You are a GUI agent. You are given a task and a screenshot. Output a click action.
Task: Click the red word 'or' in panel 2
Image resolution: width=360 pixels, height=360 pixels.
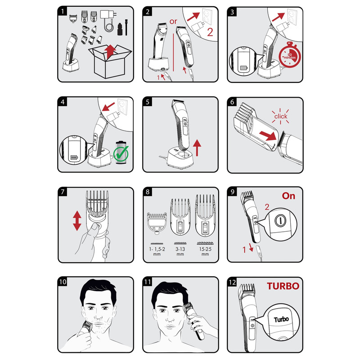(x=173, y=22)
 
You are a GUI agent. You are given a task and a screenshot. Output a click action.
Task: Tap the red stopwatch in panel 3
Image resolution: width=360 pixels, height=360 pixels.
(x=290, y=55)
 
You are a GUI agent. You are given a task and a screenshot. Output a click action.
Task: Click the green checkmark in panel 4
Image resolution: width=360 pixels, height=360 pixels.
(x=121, y=153)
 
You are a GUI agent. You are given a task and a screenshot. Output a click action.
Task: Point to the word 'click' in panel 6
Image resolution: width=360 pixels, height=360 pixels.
(x=280, y=117)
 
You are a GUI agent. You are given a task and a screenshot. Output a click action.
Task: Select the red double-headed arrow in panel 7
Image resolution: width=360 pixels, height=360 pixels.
(x=77, y=220)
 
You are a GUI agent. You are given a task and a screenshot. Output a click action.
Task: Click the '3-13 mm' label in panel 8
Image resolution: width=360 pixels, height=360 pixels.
(x=180, y=252)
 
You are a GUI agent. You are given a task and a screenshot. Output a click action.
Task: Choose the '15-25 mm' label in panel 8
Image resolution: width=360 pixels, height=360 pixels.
(x=205, y=252)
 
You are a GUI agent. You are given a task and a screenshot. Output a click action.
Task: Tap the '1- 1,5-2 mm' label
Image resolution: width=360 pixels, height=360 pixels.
(x=157, y=252)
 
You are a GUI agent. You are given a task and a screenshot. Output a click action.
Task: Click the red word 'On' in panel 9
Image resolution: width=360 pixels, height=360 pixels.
(x=288, y=196)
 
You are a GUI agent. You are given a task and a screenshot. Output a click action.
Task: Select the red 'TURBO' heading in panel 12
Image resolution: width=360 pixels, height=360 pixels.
(x=283, y=286)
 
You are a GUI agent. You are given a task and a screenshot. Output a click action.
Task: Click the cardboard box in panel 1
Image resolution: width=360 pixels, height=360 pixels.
(x=110, y=61)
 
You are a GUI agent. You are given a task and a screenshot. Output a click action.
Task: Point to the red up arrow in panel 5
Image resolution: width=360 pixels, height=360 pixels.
(x=197, y=148)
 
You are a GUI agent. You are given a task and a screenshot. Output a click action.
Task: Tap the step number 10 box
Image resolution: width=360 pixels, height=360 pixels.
(x=63, y=282)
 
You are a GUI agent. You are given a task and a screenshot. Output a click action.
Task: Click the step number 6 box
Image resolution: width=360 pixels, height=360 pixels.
(x=232, y=102)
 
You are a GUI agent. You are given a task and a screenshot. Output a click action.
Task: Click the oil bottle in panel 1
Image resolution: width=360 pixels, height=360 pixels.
(x=120, y=29)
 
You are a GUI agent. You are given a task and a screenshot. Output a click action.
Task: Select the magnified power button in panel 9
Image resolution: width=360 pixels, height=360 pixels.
(x=280, y=221)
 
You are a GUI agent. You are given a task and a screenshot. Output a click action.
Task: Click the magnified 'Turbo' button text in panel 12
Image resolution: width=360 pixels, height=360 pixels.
(x=281, y=319)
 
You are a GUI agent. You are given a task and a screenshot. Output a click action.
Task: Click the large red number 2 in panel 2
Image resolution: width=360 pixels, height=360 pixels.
(x=210, y=32)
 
